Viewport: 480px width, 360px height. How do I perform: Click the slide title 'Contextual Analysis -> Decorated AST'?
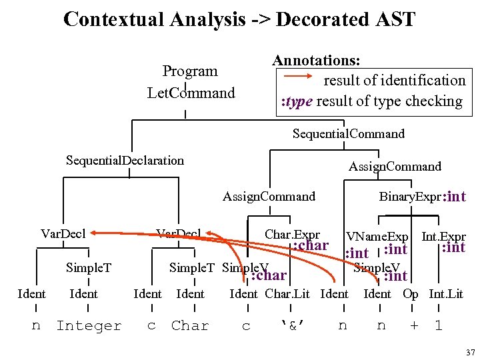[239, 19]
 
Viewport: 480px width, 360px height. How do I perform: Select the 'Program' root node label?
[190, 71]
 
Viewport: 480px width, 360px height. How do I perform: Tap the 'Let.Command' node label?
[191, 93]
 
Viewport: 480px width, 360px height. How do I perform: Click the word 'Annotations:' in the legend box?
[317, 60]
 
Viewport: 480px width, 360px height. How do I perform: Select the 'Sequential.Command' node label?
[348, 134]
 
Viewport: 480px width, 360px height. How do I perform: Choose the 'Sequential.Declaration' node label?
[125, 160]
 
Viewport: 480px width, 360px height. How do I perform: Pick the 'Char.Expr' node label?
[292, 235]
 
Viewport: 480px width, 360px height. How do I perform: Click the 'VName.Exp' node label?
[377, 237]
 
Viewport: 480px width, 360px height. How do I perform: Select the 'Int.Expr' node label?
[443, 237]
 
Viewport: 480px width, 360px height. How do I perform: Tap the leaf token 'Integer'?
[89, 326]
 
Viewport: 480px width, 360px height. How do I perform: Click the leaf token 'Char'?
[190, 326]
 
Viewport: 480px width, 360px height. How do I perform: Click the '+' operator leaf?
[414, 326]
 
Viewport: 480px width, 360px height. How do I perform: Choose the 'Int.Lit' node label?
[446, 294]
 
